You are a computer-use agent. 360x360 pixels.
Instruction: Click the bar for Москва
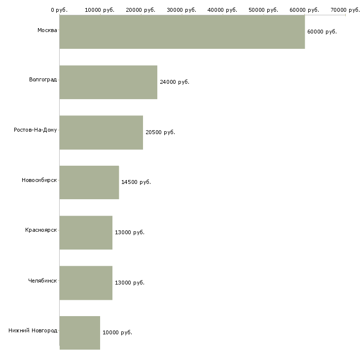182,32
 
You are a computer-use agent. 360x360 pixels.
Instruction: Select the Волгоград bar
108,82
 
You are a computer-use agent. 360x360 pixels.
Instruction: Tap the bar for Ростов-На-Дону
101,133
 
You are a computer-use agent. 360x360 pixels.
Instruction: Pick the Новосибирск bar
89,182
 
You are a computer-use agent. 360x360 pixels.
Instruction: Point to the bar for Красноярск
86,233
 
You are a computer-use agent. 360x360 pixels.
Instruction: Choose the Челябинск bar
86,283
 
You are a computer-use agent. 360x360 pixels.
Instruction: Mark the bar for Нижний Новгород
80,333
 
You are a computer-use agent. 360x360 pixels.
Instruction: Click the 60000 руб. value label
322,32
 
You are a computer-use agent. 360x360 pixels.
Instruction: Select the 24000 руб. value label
175,82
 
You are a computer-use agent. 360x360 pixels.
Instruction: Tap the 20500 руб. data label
160,132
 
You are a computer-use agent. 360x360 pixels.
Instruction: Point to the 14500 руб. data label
136,182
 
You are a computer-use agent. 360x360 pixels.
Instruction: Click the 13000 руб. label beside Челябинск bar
130,283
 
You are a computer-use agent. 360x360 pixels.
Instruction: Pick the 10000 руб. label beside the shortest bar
117,332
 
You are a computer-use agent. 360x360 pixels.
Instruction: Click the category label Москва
47,30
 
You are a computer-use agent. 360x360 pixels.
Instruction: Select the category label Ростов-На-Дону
35,130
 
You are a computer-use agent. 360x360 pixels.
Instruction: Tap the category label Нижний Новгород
33,330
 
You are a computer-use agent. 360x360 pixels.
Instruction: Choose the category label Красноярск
41,230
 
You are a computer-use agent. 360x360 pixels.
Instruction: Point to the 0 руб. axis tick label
59,10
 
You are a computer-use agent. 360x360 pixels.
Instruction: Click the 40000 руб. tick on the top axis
222,10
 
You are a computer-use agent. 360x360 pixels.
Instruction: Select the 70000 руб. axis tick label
345,10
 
